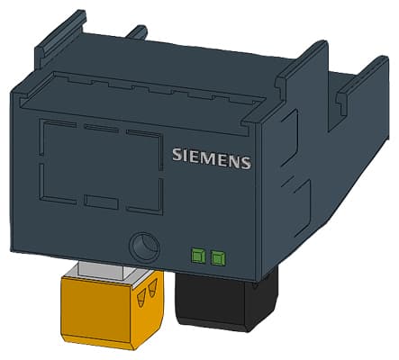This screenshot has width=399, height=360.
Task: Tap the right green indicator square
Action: pos(217,258)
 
